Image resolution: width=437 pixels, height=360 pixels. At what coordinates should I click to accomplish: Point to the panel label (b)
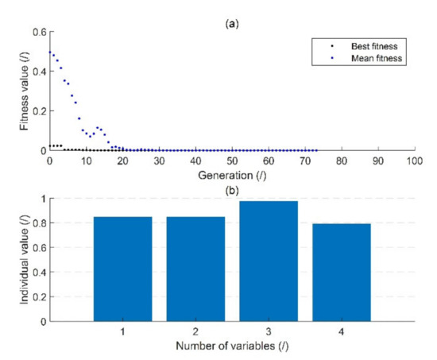(x=231, y=190)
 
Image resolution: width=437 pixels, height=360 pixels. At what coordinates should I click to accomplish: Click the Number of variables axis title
(x=231, y=347)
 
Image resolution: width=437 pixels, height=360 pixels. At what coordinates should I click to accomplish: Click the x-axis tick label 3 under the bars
(x=268, y=333)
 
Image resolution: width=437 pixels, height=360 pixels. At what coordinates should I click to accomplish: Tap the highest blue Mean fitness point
(x=49, y=52)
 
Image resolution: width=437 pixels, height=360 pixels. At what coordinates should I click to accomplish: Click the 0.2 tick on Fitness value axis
(x=37, y=111)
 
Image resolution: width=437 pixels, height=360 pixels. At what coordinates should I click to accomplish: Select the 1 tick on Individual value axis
(x=41, y=199)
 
